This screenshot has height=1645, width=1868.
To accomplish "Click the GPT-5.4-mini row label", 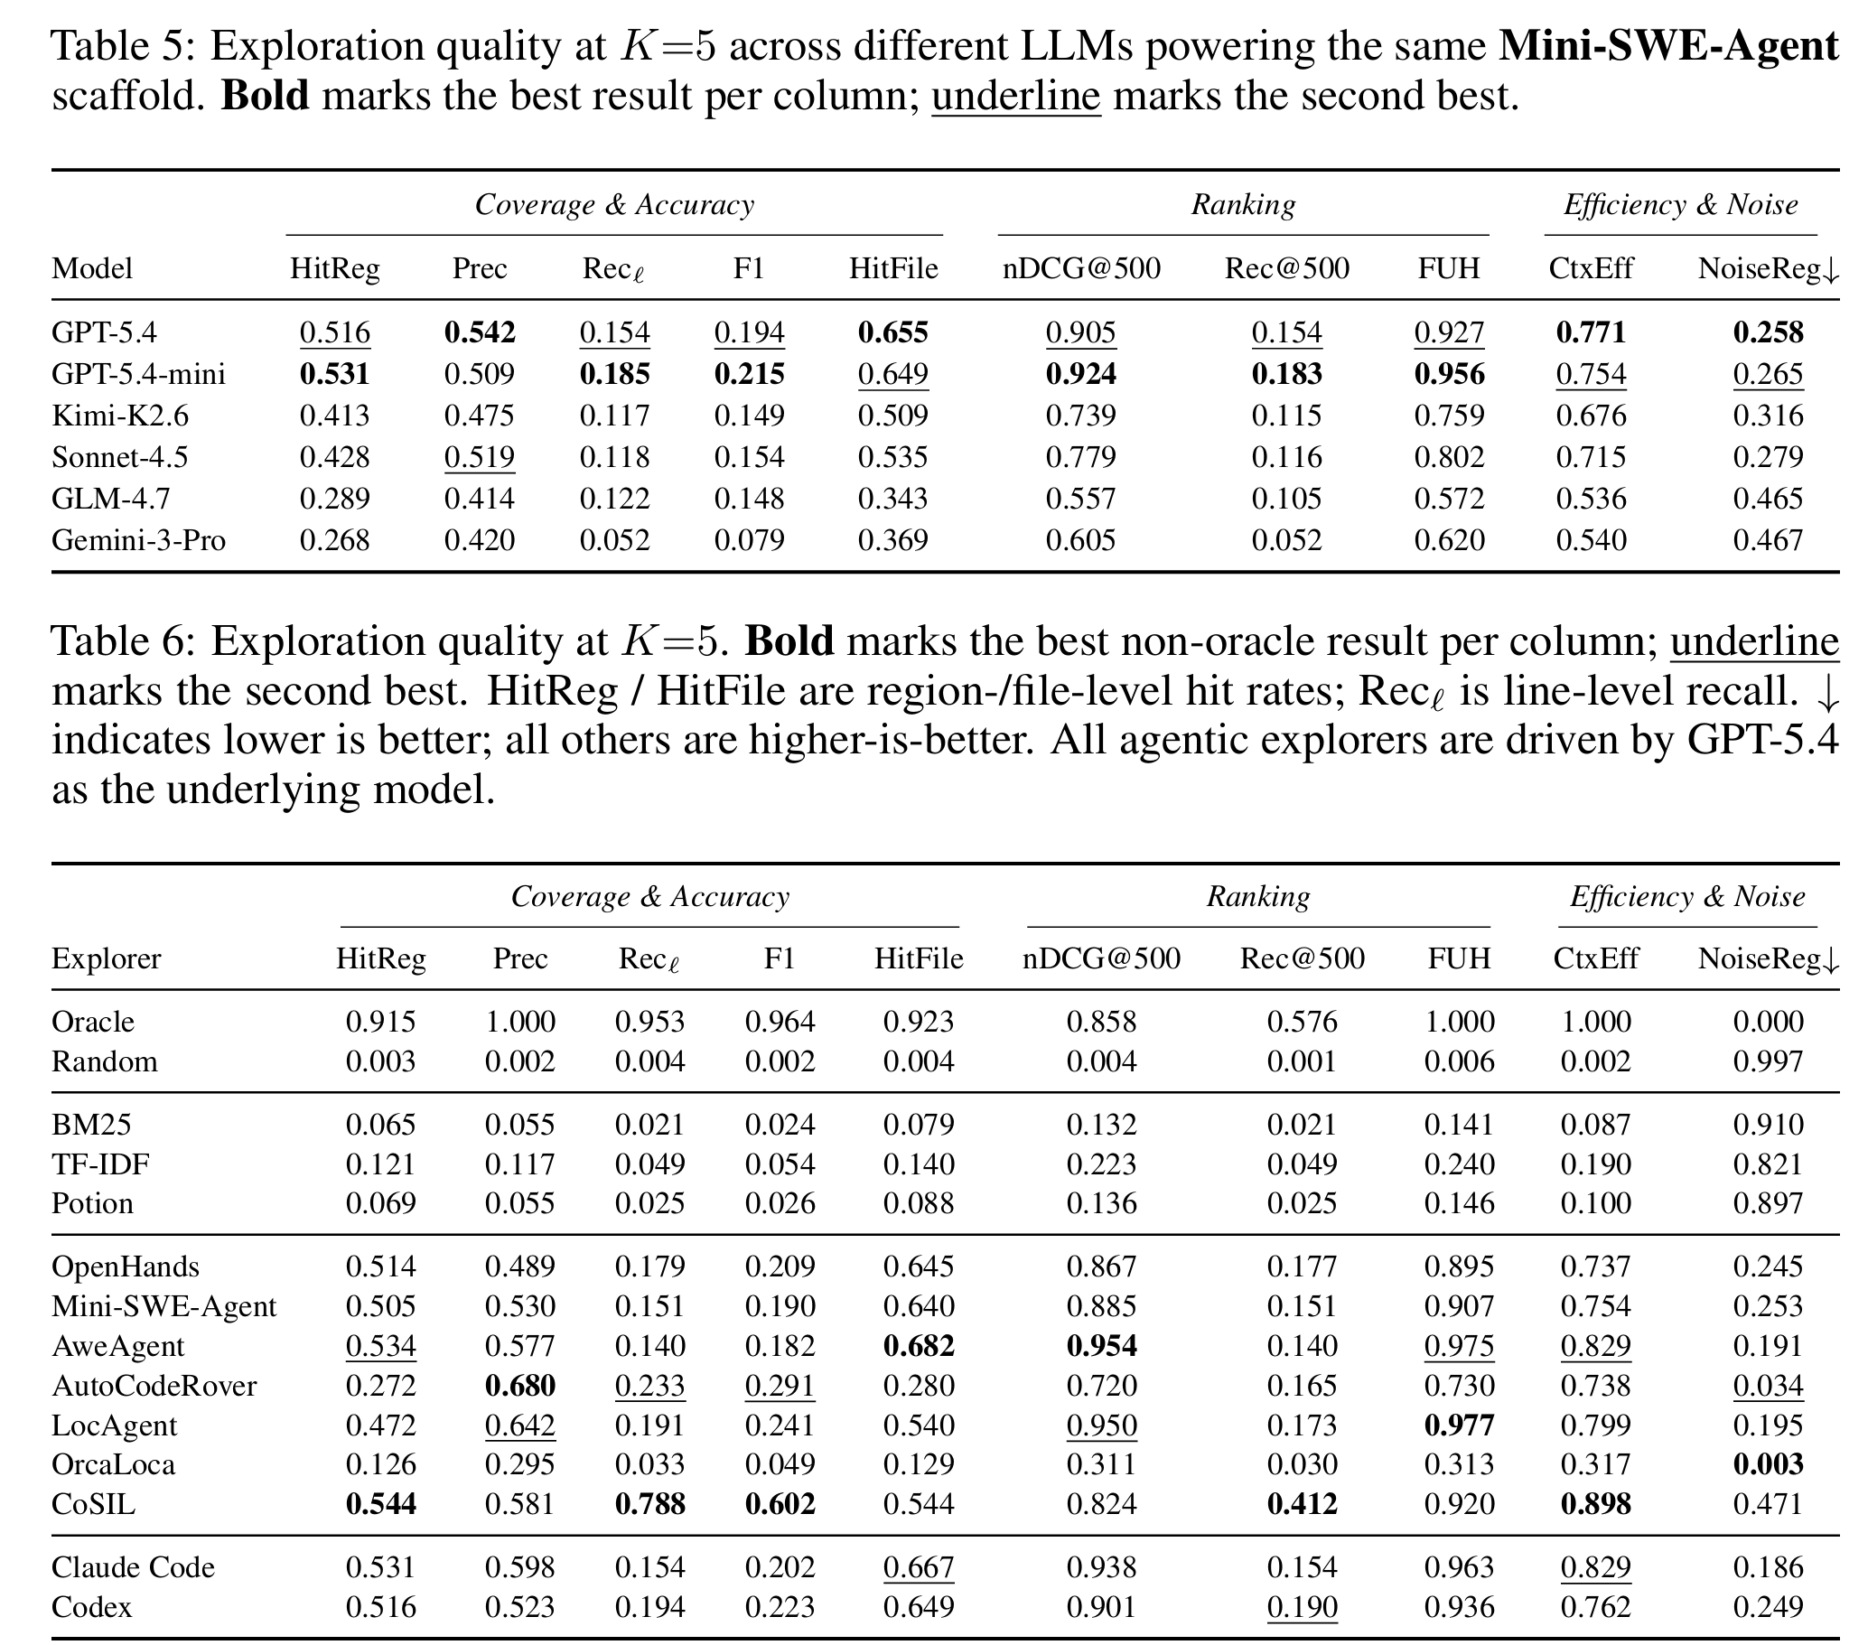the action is point(138,374).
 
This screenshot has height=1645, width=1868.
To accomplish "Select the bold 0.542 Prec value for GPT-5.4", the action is point(480,332).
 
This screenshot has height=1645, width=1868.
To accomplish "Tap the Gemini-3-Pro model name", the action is point(138,540).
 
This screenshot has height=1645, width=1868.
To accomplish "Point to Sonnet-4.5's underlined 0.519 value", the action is point(480,457).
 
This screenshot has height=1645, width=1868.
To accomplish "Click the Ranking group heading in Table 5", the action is point(1243,205).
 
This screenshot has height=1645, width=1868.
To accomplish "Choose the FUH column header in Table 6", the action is point(1460,958).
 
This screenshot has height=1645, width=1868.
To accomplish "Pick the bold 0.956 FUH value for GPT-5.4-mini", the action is point(1450,374).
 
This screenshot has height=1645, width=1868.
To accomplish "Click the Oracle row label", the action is point(92,1021).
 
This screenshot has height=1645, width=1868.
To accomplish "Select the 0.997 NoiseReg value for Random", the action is point(1769,1061).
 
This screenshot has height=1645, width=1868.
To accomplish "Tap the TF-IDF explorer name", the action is point(100,1164).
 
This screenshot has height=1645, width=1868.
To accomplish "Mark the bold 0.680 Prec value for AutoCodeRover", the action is point(520,1386).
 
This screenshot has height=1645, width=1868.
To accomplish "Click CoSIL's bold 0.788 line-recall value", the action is point(649,1504).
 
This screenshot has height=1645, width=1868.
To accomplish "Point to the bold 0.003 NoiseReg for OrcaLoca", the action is point(1769,1464).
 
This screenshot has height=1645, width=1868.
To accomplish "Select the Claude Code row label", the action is point(134,1567).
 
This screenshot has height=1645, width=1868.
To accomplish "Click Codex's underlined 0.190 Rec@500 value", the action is point(1303,1607).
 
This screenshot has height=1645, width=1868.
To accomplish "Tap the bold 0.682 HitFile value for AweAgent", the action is point(919,1346).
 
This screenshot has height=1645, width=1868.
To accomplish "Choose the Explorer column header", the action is point(106,958).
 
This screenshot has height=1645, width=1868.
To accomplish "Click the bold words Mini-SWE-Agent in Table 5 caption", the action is point(1668,46).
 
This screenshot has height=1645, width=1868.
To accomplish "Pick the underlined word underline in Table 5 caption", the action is point(1016,96).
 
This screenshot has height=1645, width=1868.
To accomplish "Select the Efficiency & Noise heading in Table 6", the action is point(1687,896).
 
